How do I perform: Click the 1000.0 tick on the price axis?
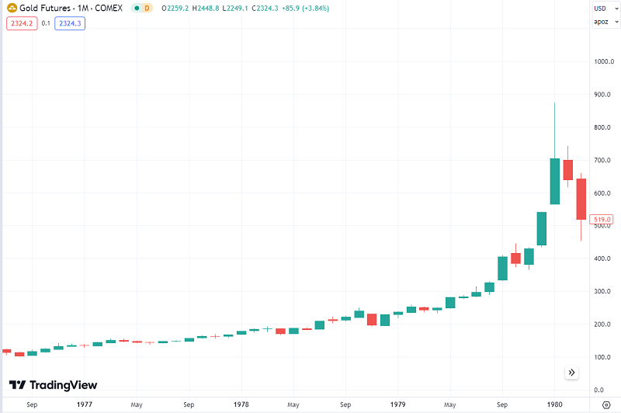coord(603,61)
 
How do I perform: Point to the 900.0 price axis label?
coord(603,95)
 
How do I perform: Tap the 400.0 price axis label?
coord(603,259)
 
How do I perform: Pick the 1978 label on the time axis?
coord(241,404)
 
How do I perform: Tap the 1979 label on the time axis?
coord(397,404)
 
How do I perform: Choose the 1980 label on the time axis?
coord(554,404)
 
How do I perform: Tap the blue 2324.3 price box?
coord(70,23)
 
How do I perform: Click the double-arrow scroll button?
coord(571,373)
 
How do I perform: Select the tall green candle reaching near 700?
coord(554,181)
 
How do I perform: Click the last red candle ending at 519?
coord(580,199)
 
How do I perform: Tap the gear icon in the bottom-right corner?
coord(605,404)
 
